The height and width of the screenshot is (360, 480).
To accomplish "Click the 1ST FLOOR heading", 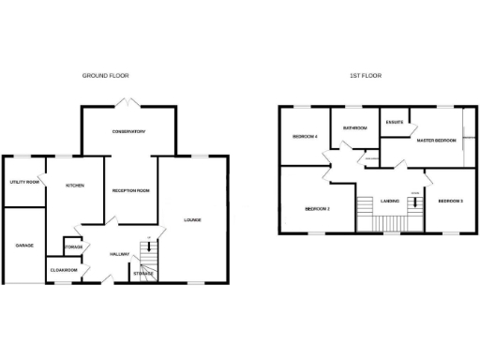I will [x=366, y=75].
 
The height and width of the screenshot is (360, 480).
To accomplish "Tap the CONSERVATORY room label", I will [x=127, y=131].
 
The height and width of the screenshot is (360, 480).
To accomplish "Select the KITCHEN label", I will [x=75, y=186].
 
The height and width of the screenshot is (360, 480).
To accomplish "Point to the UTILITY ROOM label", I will [x=24, y=182].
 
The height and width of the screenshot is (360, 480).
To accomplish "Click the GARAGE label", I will [x=24, y=246].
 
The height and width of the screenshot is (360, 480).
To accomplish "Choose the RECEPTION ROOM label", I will [x=131, y=190].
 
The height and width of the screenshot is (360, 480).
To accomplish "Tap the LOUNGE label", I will [x=192, y=220].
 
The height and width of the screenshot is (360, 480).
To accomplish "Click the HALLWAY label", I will [x=119, y=254].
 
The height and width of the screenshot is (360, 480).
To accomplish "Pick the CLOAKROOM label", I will [x=62, y=271].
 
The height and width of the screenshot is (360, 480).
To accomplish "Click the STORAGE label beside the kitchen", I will [x=73, y=247].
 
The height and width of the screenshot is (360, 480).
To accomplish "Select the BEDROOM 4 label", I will [x=306, y=137].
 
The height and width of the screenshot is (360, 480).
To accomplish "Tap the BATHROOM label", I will [x=354, y=127].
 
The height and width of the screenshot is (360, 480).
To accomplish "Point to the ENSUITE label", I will [x=394, y=121].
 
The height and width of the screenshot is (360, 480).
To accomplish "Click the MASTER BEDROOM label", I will [x=436, y=141].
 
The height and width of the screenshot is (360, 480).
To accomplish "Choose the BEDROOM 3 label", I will [x=451, y=202].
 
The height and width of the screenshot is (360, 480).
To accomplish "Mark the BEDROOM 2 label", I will [x=317, y=208].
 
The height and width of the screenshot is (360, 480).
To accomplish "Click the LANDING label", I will [x=392, y=201].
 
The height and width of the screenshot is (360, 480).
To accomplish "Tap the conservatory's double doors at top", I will [x=127, y=101].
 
